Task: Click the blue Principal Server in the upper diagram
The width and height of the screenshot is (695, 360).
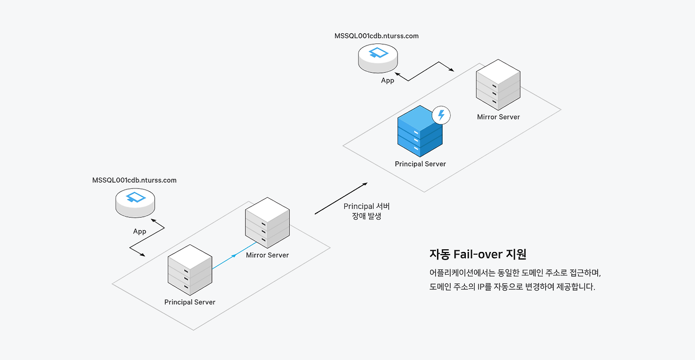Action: point(420,131)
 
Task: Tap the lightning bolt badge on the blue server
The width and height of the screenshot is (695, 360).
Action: point(441,115)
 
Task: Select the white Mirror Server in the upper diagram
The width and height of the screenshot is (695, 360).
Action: point(498,85)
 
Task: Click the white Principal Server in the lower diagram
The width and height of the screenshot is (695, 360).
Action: point(190,270)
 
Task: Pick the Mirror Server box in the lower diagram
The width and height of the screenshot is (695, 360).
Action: point(268,223)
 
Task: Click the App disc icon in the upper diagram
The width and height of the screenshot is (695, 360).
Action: point(378,58)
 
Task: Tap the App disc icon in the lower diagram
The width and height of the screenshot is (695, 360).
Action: point(135,203)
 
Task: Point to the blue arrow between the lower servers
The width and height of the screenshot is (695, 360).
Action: point(234,255)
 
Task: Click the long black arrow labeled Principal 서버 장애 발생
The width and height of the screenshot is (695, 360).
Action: point(342,199)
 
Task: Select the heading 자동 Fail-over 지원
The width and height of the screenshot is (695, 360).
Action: point(478,254)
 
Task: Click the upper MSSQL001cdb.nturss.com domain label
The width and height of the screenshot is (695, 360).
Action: point(376,36)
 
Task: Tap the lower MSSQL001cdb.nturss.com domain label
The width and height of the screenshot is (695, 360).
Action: point(134,180)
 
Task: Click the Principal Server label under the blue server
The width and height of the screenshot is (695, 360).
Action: point(420,164)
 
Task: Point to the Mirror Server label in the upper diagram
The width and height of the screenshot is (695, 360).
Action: point(498,117)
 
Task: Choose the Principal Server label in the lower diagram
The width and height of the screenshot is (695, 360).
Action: point(190,302)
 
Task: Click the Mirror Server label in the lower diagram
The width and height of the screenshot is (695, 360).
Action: point(268,255)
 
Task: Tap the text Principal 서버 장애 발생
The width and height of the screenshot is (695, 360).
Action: point(367,211)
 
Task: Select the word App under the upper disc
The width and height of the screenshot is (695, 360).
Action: point(388,80)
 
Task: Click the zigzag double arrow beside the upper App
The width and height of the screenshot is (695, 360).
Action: point(424,71)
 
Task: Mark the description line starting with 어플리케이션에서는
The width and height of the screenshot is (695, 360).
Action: point(515,273)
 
